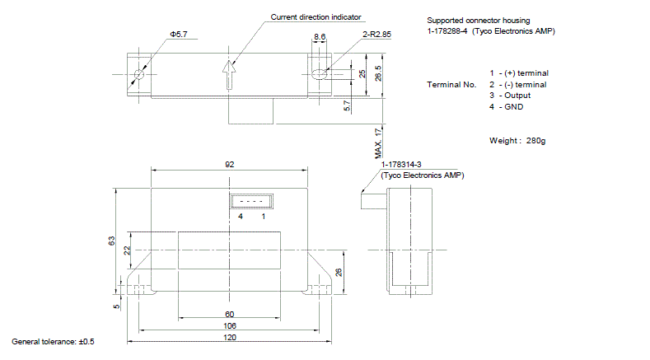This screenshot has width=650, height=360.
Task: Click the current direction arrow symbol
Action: tap(229, 75)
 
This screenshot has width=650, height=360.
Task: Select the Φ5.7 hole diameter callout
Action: tap(179, 35)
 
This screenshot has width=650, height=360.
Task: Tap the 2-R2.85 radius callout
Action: tap(376, 35)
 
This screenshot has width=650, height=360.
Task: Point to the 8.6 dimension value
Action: tap(320, 37)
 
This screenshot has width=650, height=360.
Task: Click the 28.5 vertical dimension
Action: tap(377, 73)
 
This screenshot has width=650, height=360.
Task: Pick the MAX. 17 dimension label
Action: tap(378, 143)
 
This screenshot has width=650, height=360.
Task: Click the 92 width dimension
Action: tap(229, 165)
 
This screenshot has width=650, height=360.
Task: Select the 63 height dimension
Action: tap(111, 241)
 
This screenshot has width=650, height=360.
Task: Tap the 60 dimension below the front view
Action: tap(229, 315)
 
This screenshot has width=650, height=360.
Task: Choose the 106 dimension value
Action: tap(230, 326)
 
